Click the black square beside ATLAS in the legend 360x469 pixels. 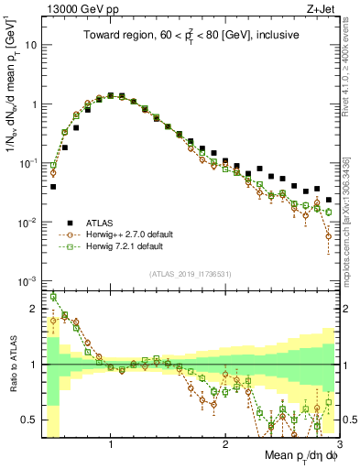coord(70,222)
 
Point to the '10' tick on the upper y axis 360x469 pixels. coord(33,45)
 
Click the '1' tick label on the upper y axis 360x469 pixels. coord(35,104)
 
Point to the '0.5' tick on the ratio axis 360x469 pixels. coord(31,420)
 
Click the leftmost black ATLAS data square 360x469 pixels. coord(53,186)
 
